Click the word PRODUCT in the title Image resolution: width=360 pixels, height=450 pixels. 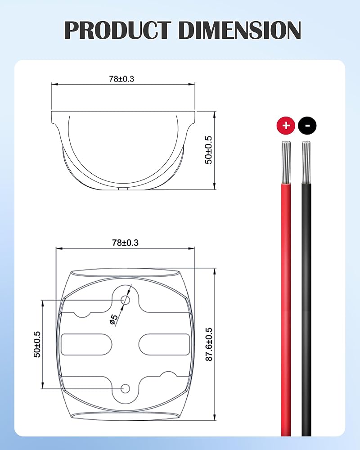(117, 30)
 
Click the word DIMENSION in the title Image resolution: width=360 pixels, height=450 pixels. (240, 30)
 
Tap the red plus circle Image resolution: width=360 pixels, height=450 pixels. (286, 126)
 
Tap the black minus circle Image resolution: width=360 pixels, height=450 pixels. (307, 126)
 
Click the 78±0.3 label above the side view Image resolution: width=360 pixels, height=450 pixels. (121, 79)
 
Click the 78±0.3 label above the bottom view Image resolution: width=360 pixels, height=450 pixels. (125, 243)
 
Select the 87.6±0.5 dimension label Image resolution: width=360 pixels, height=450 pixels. (209, 344)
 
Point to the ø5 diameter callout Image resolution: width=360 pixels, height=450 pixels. (114, 319)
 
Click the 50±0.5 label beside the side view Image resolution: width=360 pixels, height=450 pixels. (208, 150)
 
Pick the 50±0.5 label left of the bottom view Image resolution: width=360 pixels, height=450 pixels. (37, 344)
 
